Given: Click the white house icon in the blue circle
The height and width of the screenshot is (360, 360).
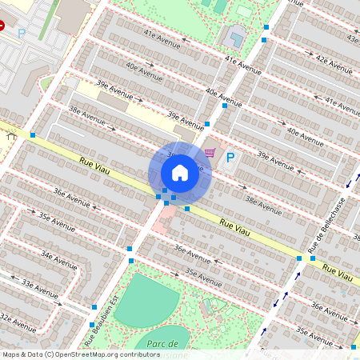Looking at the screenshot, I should tap(180, 173).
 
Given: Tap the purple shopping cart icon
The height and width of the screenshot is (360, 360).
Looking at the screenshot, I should tap(210, 152).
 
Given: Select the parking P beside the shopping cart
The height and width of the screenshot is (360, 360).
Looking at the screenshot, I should tap(230, 158).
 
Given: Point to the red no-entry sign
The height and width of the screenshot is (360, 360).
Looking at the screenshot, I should tap(2, 26).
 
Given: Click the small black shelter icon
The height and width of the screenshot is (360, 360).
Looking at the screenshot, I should tap(10, 136).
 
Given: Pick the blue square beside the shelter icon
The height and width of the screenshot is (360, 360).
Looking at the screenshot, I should tap(33, 135).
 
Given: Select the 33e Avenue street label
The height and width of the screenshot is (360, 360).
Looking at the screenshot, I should tap(38, 284).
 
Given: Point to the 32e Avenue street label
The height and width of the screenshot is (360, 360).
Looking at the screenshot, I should tap(18, 322).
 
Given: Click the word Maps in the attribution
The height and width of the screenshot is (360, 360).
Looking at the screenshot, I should tap(10, 354).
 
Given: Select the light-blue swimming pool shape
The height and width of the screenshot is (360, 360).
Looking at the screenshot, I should tap(236, 36).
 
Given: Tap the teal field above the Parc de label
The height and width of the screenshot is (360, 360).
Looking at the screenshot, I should tap(147, 300).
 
